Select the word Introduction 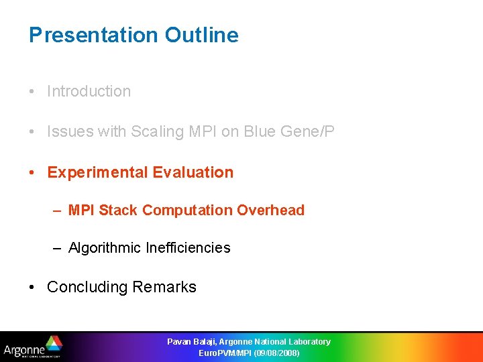(89, 91)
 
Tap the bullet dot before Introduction (33, 92)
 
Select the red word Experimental (97, 172)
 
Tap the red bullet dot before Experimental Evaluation (33, 173)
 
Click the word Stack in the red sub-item (119, 210)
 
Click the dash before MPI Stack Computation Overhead (58, 210)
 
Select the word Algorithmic (104, 248)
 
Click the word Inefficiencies (188, 248)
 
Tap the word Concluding (87, 287)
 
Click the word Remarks (164, 287)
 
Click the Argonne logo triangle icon (53, 343)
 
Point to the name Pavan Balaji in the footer (191, 342)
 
